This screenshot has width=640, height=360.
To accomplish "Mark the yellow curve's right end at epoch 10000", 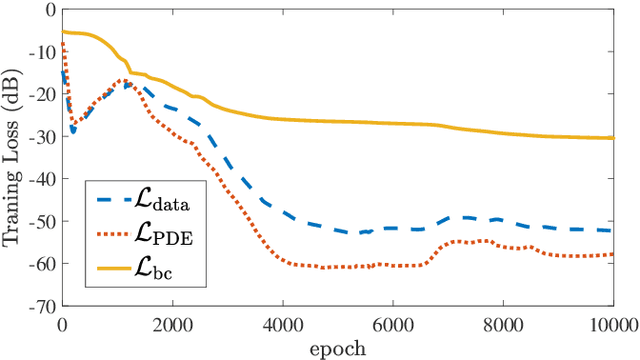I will (x=613, y=138).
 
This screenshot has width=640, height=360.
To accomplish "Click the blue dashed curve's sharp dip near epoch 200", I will (x=72, y=131).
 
